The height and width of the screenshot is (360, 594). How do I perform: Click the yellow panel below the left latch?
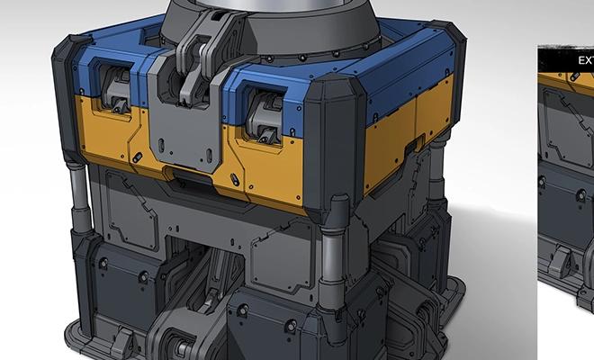click(103, 135)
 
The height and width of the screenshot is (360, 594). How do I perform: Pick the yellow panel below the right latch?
click(261, 166)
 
